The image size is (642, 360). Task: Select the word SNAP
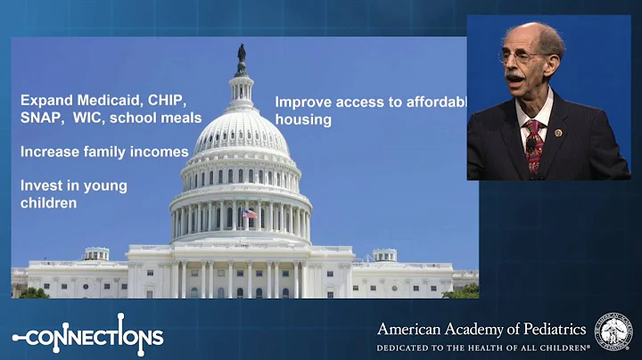(x=41, y=118)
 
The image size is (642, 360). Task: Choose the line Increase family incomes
(x=104, y=151)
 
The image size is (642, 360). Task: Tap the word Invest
(x=41, y=185)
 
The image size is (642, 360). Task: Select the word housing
(x=303, y=119)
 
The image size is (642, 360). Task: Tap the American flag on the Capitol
(x=250, y=213)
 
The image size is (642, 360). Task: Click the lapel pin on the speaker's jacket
(x=558, y=133)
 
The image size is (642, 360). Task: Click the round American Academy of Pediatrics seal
(x=613, y=331)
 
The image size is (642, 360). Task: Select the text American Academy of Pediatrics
(x=482, y=329)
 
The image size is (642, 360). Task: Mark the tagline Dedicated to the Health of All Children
(x=482, y=347)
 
